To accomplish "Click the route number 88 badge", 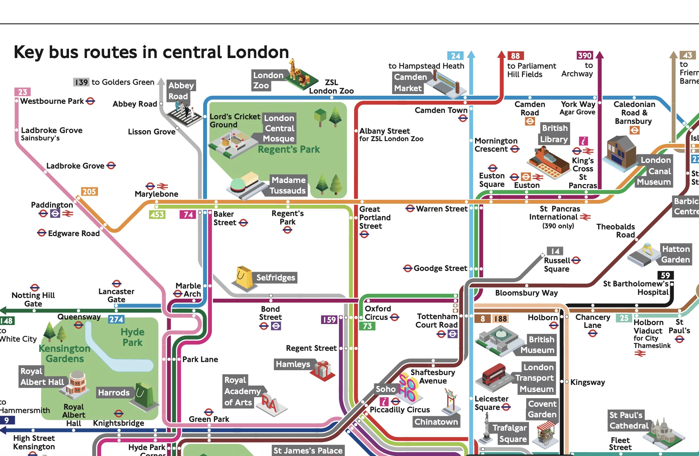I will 515,56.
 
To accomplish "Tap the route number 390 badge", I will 585,55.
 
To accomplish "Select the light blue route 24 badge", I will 455,56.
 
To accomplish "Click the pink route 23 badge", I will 23,92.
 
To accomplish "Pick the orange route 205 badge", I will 89,191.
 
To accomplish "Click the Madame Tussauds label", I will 288,185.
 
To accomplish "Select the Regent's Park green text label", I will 289,150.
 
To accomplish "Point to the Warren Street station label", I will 441,209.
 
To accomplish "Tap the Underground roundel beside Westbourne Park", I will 90,101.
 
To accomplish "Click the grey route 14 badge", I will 555,251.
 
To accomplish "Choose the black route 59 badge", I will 665,275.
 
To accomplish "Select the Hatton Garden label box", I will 675,254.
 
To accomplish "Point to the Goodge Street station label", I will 440,268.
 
